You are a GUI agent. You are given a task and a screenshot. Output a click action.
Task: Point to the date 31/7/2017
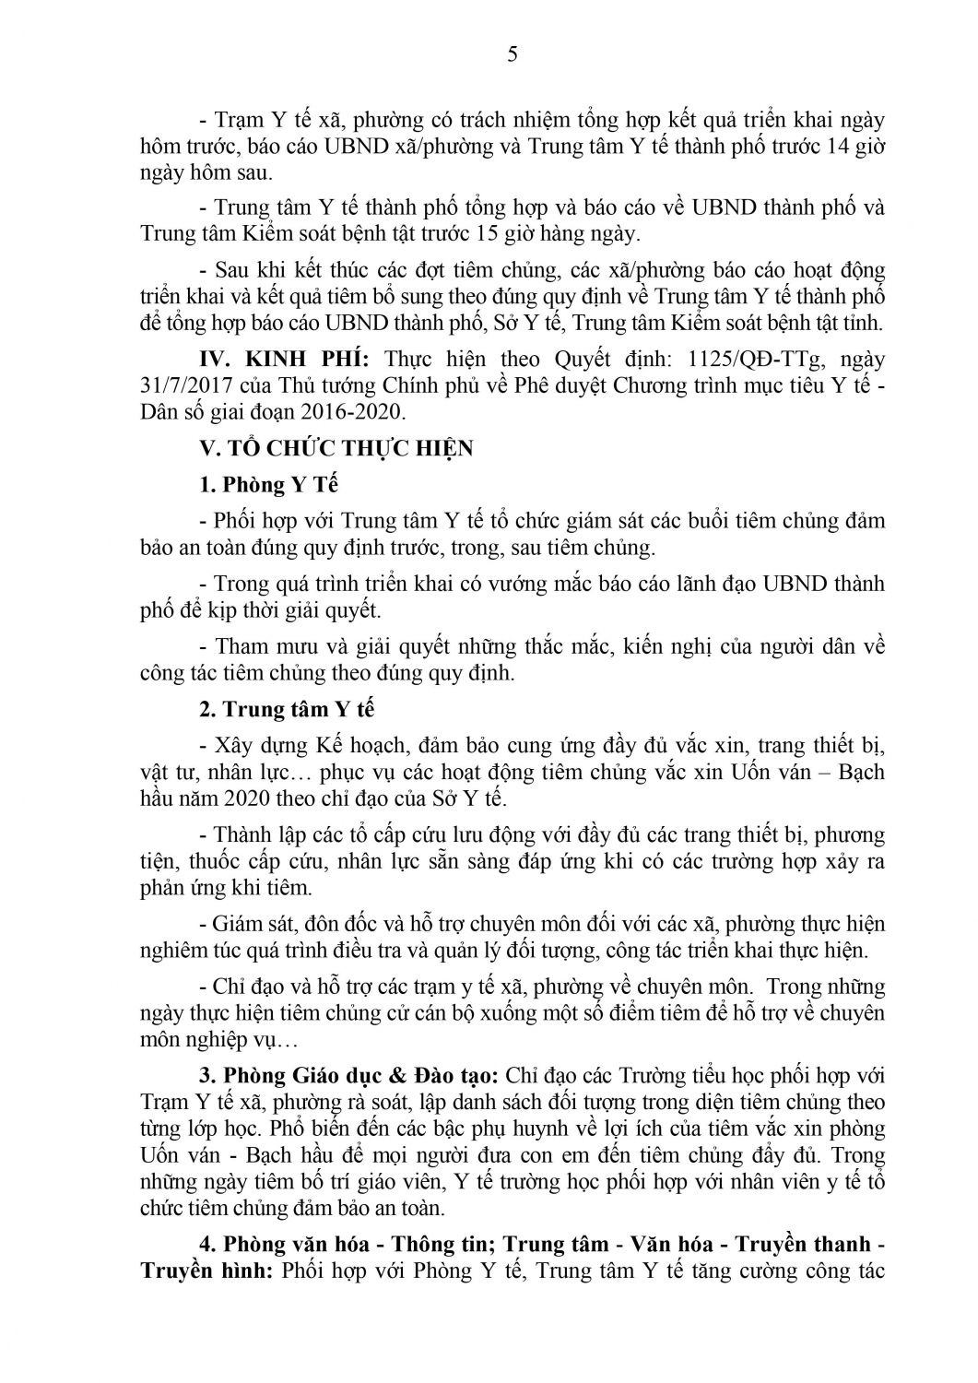(180, 385)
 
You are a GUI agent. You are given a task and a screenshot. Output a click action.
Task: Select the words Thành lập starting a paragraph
(261, 835)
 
